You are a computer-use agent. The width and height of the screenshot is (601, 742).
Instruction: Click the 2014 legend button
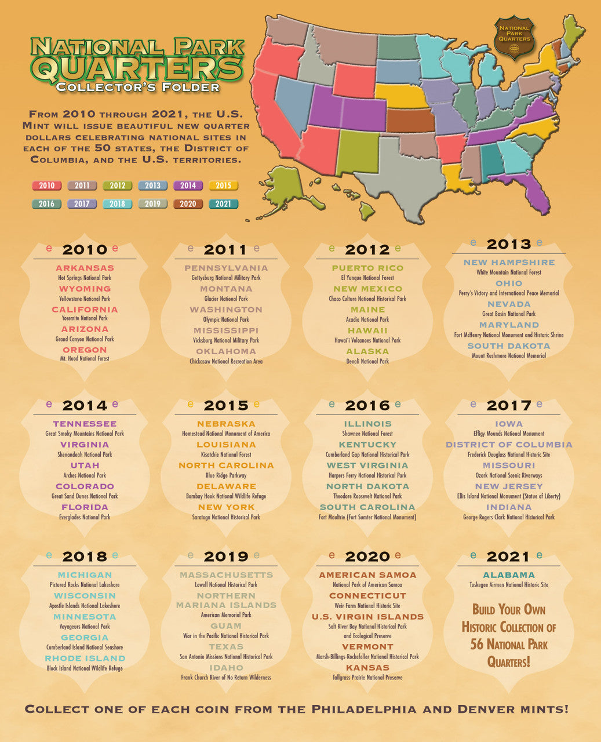(188, 185)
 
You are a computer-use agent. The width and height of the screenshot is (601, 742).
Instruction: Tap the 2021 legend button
(223, 204)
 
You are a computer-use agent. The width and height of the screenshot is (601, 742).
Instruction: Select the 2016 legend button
(46, 204)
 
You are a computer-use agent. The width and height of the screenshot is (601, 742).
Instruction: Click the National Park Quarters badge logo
(514, 37)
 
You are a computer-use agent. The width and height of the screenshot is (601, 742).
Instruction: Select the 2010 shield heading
(85, 250)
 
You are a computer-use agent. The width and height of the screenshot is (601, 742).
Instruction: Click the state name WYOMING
(85, 289)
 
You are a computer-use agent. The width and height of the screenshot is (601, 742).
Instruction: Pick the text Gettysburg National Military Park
(226, 278)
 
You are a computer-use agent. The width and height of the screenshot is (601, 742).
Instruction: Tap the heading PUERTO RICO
(367, 268)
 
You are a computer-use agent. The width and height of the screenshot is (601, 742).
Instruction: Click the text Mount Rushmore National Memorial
(509, 356)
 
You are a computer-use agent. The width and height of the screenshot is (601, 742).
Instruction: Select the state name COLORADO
(85, 486)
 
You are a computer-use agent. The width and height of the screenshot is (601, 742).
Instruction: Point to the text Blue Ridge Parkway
(226, 475)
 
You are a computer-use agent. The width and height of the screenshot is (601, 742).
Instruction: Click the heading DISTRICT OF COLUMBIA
(509, 445)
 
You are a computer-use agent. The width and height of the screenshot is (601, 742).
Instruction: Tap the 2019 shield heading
(226, 556)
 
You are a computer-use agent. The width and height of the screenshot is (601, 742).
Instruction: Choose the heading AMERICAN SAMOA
(367, 575)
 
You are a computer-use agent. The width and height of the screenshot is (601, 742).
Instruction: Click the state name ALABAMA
(509, 575)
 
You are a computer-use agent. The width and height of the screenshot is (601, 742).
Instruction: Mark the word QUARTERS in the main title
(137, 68)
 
